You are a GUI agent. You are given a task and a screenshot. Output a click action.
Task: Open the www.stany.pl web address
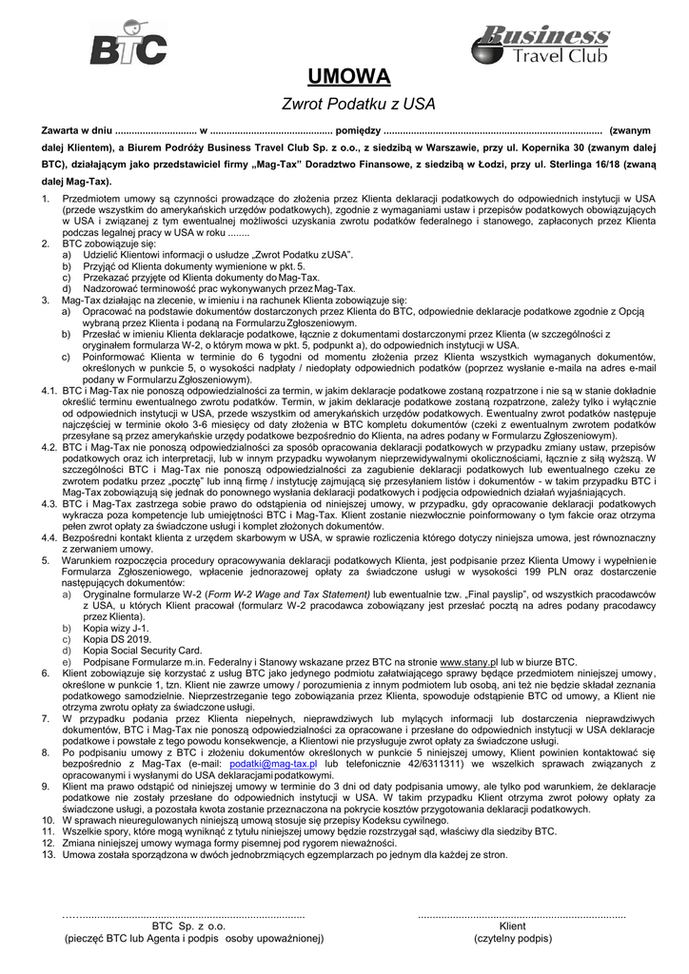466,661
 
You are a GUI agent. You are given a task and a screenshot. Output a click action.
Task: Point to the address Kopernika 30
574,147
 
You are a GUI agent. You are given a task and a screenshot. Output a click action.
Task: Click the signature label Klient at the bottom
512,925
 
